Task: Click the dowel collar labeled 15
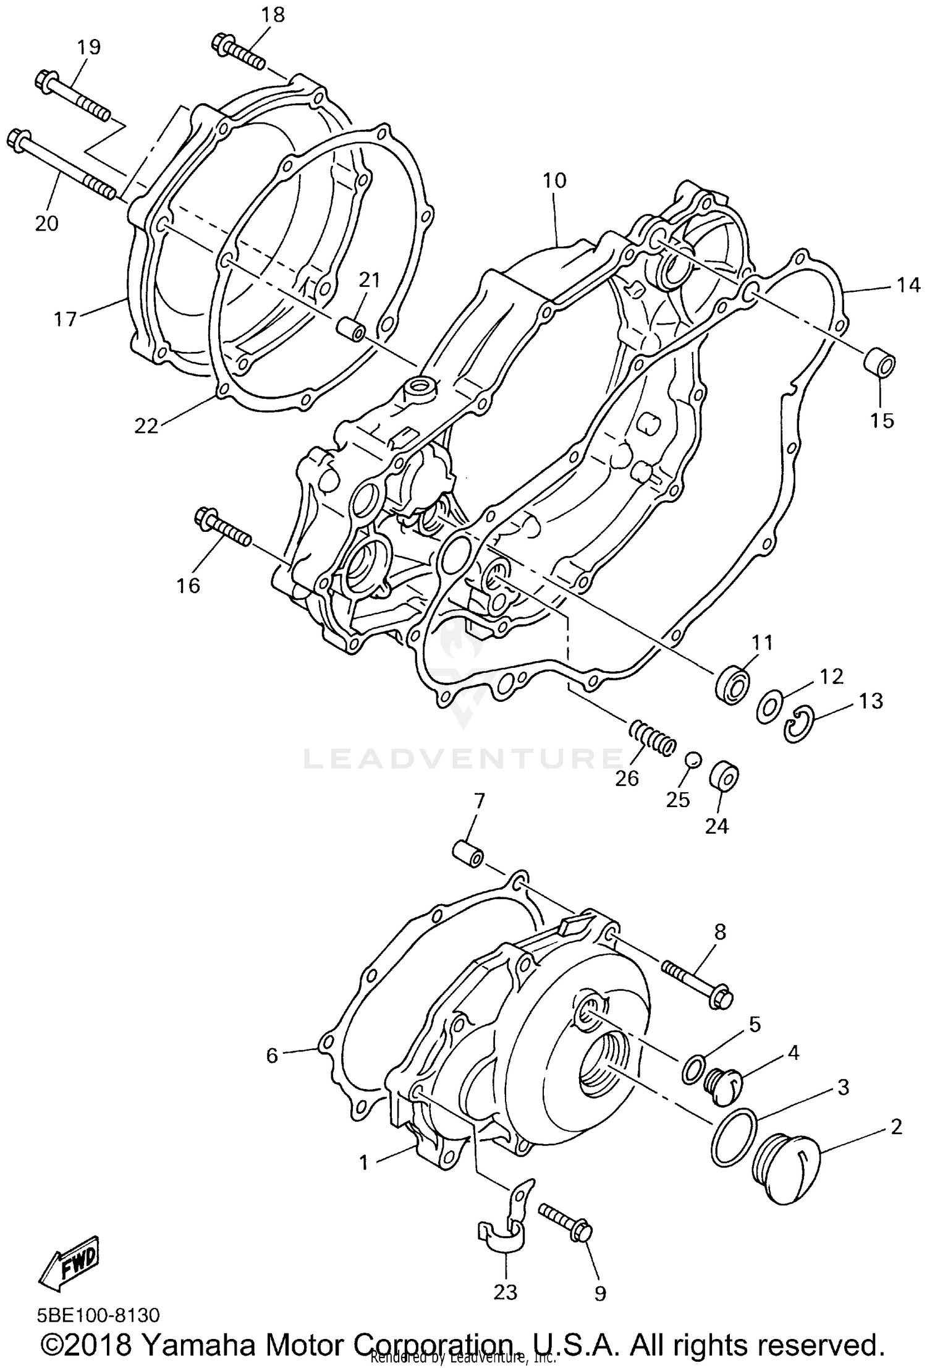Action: coord(878,364)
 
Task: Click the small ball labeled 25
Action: coord(693,759)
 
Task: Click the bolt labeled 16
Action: coord(222,528)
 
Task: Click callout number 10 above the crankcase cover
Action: coord(554,181)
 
